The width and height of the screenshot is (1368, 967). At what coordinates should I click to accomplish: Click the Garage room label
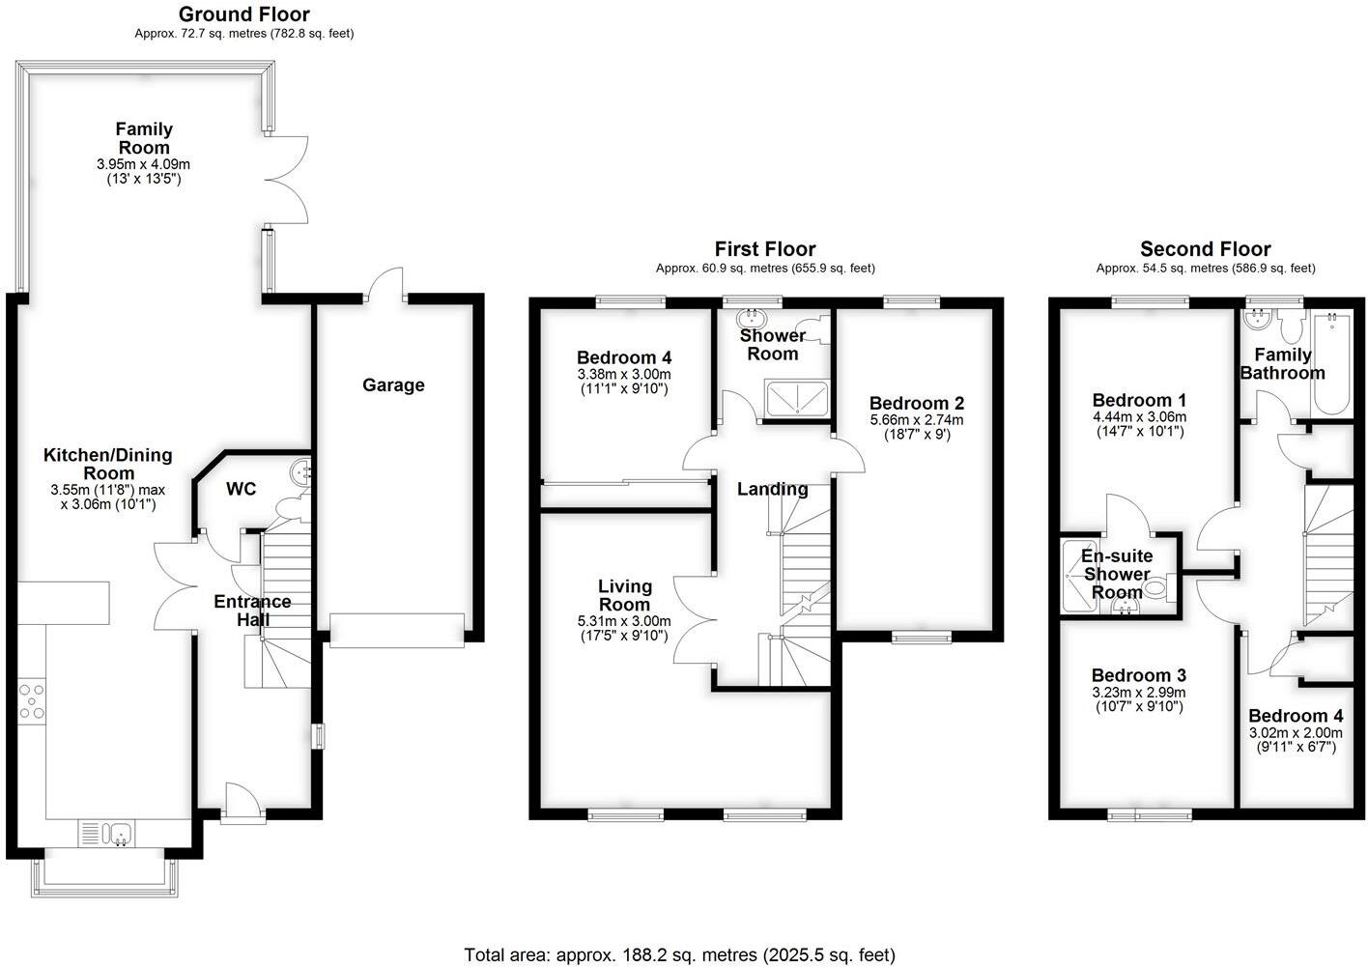393,385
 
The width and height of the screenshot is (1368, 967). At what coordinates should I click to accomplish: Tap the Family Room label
144,138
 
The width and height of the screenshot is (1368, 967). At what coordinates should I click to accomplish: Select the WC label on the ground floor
241,490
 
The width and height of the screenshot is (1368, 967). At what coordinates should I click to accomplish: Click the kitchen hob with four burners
31,700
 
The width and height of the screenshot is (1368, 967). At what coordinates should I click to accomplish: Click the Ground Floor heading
244,14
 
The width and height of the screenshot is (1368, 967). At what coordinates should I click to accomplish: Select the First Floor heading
764,250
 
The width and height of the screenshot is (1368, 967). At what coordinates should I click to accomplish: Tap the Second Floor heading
1205,249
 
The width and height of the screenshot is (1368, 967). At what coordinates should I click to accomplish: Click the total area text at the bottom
680,955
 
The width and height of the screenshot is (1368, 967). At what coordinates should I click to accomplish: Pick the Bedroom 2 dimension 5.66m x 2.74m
916,420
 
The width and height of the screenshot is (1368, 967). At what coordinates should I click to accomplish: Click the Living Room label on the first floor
624,595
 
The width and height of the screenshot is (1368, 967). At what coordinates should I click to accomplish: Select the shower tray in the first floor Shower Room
796,398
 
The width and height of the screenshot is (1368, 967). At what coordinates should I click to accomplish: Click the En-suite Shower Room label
1117,575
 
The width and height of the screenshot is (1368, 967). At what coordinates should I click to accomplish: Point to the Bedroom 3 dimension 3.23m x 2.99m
1137,693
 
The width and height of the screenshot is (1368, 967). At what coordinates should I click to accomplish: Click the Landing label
772,490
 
